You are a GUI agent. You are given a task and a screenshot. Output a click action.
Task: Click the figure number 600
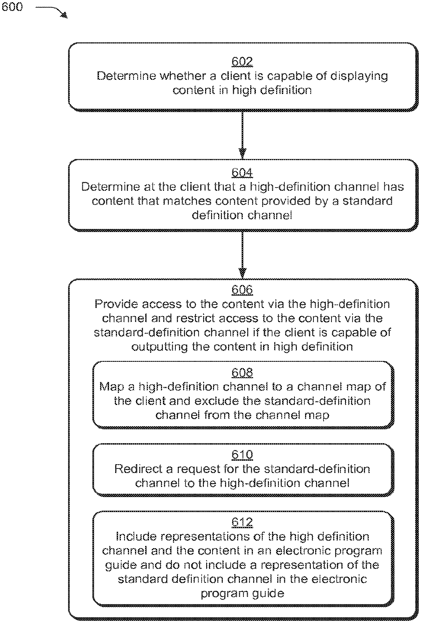click(x=12, y=7)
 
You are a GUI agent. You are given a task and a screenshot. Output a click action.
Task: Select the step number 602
click(x=242, y=62)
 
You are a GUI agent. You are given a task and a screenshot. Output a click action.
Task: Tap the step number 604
click(x=242, y=173)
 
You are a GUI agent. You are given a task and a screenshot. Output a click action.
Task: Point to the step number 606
click(x=242, y=290)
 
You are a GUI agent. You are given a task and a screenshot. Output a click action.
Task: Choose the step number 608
click(x=242, y=372)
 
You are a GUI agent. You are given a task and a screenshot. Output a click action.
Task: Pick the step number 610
click(x=242, y=454)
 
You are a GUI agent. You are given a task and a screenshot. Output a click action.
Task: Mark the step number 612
click(x=242, y=522)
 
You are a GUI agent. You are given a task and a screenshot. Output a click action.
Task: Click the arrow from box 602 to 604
click(x=242, y=135)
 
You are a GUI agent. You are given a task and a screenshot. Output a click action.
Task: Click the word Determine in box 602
click(x=127, y=76)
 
